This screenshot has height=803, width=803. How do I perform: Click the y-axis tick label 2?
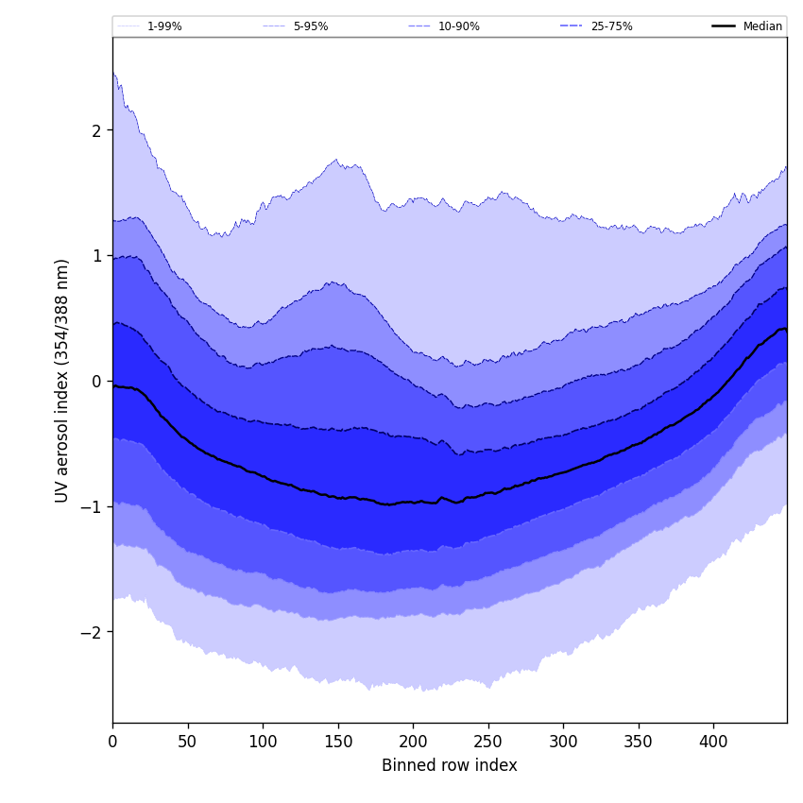96,130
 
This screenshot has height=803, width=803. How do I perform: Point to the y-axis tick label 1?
96,256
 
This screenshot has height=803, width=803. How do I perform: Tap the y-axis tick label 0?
96,382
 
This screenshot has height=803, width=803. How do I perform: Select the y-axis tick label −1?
92,506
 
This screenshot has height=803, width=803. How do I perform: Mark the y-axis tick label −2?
92,632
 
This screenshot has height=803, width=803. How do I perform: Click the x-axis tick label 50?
188,743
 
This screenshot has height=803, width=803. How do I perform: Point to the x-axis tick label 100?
263,743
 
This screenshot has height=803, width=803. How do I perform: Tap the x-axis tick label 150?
338,743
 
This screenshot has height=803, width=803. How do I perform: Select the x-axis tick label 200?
413,743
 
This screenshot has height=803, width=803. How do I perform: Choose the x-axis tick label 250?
488,743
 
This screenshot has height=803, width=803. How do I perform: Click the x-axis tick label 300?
563,743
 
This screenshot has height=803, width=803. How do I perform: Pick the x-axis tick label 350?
639,743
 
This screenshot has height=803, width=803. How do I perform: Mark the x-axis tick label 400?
713,743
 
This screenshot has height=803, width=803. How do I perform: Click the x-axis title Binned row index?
450,766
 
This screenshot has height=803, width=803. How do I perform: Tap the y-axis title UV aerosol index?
62,381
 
